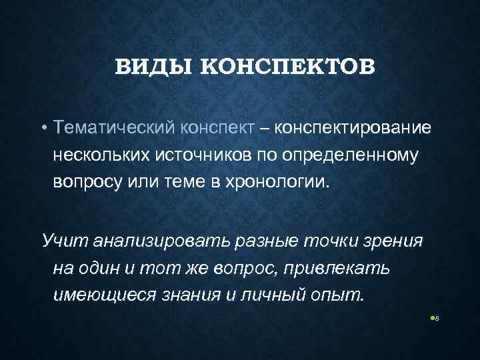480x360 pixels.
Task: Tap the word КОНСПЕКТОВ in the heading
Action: (289, 67)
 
